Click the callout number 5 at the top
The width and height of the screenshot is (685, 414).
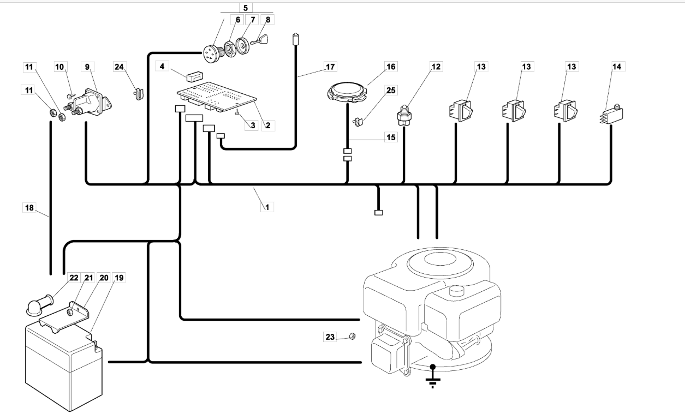[x=245, y=8]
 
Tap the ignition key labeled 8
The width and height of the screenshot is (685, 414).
[x=259, y=40]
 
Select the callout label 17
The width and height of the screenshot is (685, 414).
[x=330, y=67]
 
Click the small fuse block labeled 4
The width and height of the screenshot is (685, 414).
[x=194, y=76]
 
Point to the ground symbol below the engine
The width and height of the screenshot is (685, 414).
[x=433, y=376]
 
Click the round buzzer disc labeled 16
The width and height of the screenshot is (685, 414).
[x=347, y=91]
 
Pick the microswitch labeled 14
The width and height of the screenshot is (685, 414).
[x=612, y=115]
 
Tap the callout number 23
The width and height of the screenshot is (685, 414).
[x=330, y=337]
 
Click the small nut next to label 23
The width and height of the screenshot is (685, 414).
[x=352, y=337]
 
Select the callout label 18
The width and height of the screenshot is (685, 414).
[x=29, y=208]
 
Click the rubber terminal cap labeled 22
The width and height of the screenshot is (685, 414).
[x=39, y=305]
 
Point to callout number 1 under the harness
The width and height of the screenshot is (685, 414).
[x=267, y=207]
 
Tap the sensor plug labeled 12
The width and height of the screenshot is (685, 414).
[x=404, y=115]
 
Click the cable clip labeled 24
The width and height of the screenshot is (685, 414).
[x=139, y=94]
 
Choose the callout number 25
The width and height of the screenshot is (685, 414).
[x=391, y=91]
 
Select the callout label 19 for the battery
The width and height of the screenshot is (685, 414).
[x=119, y=278]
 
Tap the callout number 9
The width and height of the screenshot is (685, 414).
[x=87, y=67]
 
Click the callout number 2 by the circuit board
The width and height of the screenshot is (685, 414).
[x=268, y=125]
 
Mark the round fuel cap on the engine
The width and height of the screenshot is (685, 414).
[x=456, y=291]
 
